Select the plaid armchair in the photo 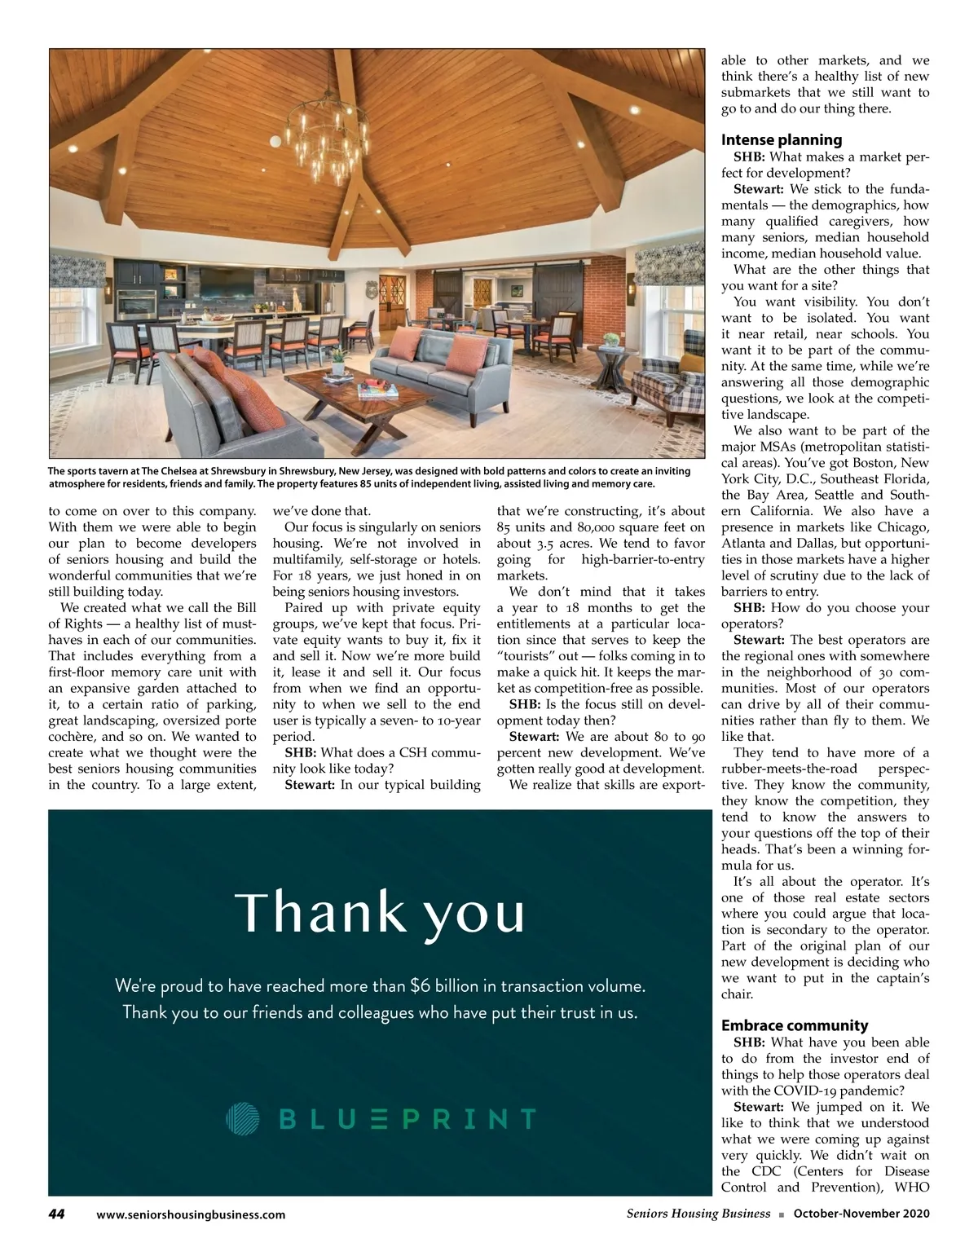click(x=661, y=391)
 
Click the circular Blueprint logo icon click(x=242, y=1117)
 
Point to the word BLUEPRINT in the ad click(x=407, y=1118)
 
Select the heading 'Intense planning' click(x=782, y=139)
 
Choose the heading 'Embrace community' click(x=795, y=1025)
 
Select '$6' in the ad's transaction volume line click(x=420, y=985)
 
